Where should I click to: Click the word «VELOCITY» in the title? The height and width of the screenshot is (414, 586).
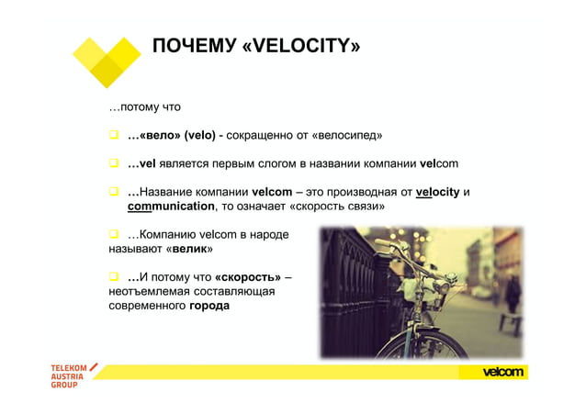pos(300,46)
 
